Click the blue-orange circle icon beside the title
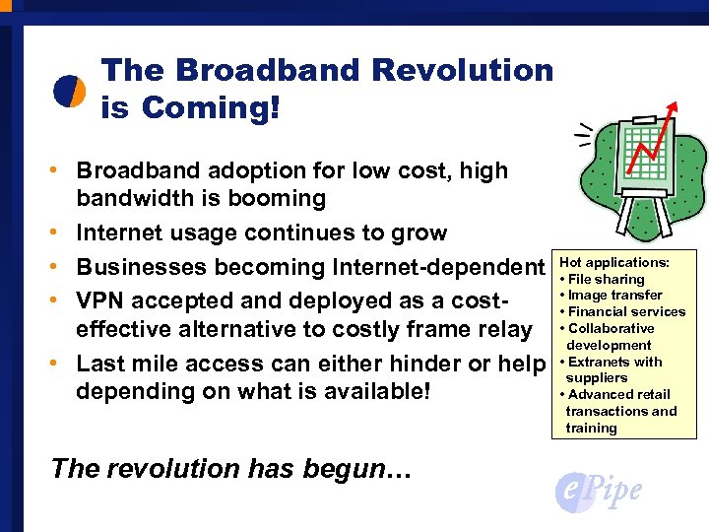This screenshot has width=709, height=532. click(69, 90)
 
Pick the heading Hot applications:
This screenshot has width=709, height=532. click(614, 263)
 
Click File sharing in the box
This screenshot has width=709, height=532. click(606, 279)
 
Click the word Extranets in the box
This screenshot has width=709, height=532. click(600, 362)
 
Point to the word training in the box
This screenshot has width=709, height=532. click(591, 429)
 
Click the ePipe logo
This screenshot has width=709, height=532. click(598, 489)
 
